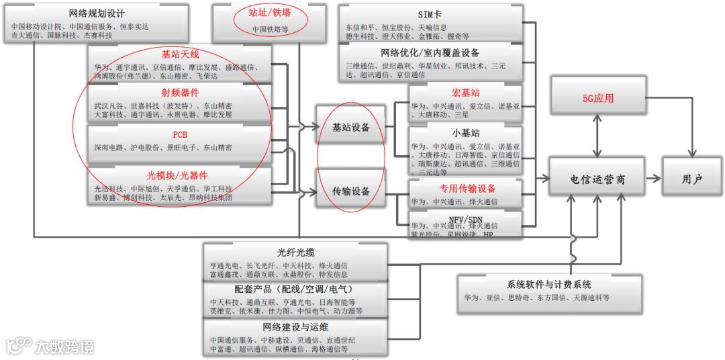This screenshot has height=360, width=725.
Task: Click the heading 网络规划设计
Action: [97, 13]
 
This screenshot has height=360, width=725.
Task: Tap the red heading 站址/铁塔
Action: [271, 13]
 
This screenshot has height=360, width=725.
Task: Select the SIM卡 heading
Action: [430, 14]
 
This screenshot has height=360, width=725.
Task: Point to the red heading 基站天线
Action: [181, 53]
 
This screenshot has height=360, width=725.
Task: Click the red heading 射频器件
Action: [180, 92]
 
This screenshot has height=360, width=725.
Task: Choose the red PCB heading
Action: [180, 134]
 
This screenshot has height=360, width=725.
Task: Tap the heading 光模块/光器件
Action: [180, 174]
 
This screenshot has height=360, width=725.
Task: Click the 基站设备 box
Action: [351, 126]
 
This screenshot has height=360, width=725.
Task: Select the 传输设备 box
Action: [351, 191]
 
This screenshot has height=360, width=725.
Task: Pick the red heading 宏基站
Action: [466, 92]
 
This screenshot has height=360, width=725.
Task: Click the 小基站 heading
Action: [466, 132]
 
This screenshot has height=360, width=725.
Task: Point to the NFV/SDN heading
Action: [466, 219]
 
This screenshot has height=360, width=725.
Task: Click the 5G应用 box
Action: [597, 99]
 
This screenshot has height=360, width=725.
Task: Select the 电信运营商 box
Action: [597, 179]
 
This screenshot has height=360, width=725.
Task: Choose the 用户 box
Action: [691, 179]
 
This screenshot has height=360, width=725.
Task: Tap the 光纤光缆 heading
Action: [296, 253]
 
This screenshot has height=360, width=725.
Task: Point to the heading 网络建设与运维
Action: [296, 327]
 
